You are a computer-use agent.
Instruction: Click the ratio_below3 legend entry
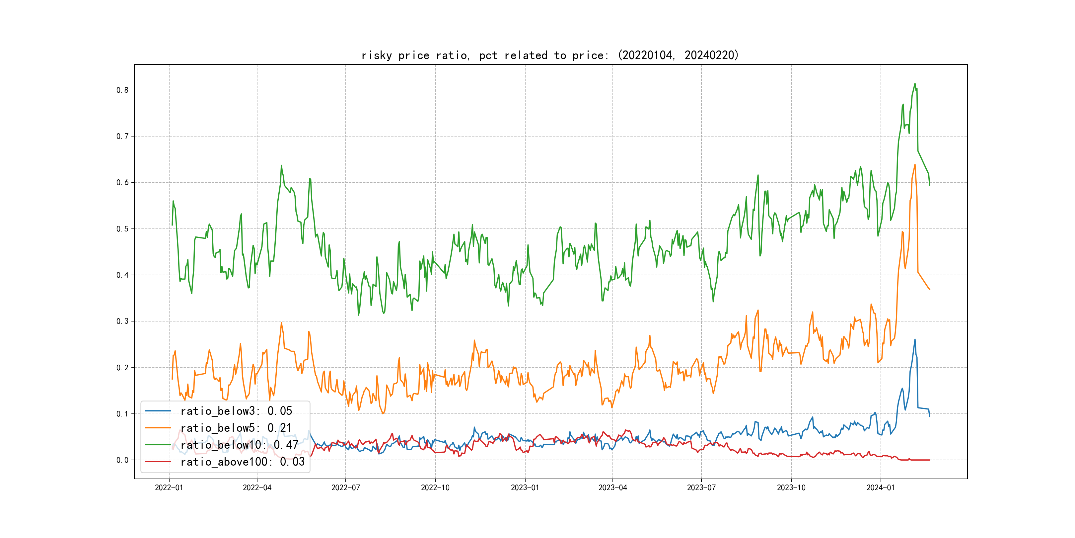click(236, 411)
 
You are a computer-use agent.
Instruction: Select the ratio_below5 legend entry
click(236, 428)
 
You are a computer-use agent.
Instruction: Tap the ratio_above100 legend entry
click(242, 462)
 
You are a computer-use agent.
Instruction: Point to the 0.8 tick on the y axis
click(122, 90)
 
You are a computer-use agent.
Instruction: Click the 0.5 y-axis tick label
click(122, 229)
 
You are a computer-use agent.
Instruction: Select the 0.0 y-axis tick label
click(122, 460)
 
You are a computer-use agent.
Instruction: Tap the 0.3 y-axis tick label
click(122, 321)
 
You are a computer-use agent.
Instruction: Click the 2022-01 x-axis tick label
click(169, 488)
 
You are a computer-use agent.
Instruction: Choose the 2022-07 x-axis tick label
click(345, 488)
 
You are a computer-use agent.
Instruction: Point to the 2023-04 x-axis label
click(612, 488)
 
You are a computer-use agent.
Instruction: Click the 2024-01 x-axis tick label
click(881, 488)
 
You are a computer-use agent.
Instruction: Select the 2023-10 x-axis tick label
click(791, 488)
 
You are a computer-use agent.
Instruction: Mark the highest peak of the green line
click(915, 84)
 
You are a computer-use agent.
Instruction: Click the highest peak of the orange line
click(915, 165)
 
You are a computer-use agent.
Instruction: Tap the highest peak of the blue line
click(915, 339)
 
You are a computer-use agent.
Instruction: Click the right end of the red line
click(930, 460)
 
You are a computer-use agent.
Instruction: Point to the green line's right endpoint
click(930, 185)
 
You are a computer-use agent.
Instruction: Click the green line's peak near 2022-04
click(281, 165)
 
